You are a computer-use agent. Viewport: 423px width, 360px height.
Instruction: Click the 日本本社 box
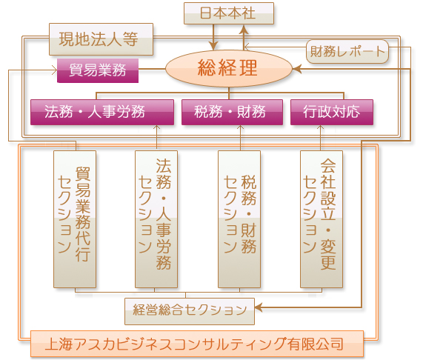tap(229, 13)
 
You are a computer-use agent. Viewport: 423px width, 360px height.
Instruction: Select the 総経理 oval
tap(229, 68)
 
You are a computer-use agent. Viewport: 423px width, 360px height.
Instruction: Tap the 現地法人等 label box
tap(101, 39)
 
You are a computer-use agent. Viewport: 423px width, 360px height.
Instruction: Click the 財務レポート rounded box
tap(347, 52)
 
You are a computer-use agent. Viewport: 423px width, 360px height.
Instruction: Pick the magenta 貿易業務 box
tap(98, 70)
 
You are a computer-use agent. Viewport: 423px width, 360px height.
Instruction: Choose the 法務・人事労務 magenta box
tap(102, 112)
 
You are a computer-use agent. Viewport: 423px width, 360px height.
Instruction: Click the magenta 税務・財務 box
tap(232, 112)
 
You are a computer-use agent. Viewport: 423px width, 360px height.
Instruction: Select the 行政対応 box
tap(332, 112)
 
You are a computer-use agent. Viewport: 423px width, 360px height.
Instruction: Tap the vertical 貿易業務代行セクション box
tap(75, 219)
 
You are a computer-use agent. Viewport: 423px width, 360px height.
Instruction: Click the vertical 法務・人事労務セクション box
tap(156, 219)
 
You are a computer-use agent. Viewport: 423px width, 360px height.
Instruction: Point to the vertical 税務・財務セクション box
tap(239, 219)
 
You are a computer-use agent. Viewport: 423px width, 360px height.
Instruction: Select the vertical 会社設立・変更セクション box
tap(322, 219)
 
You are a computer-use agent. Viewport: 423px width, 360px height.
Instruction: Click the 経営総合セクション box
tap(190, 311)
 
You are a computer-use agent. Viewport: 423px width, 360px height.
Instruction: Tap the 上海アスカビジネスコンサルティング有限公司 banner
tap(197, 344)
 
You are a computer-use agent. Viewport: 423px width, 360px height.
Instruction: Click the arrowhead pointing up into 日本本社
tap(244, 29)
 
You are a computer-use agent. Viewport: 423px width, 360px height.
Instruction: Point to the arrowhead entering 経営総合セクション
tap(259, 307)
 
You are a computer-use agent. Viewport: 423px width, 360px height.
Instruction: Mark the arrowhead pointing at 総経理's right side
tap(297, 69)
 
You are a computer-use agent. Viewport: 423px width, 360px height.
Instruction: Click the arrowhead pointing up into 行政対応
tap(320, 127)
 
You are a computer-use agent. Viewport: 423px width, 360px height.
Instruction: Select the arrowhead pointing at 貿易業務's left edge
tap(54, 70)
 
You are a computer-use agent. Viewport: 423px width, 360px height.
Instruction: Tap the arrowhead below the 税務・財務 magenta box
tap(240, 127)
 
